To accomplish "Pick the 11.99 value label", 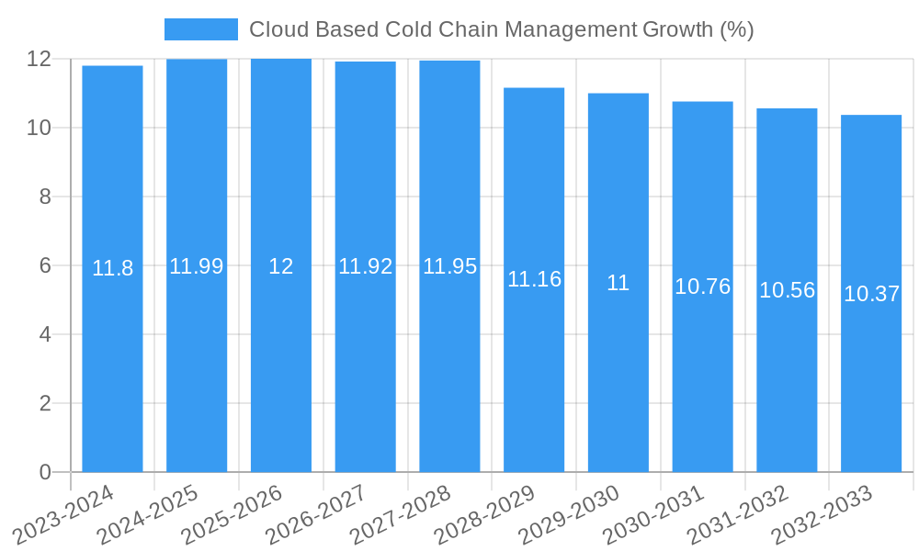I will click(197, 266).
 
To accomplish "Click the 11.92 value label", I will click(366, 266).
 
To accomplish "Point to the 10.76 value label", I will click(703, 287).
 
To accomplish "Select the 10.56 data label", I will click(788, 290).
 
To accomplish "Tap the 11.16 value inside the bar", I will click(534, 279).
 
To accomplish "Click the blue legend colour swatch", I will click(200, 29).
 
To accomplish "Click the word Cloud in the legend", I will click(276, 29).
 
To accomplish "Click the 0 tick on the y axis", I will click(45, 472).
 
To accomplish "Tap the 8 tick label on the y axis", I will click(45, 197).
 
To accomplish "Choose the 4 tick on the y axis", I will click(45, 334).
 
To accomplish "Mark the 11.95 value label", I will click(450, 266).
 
